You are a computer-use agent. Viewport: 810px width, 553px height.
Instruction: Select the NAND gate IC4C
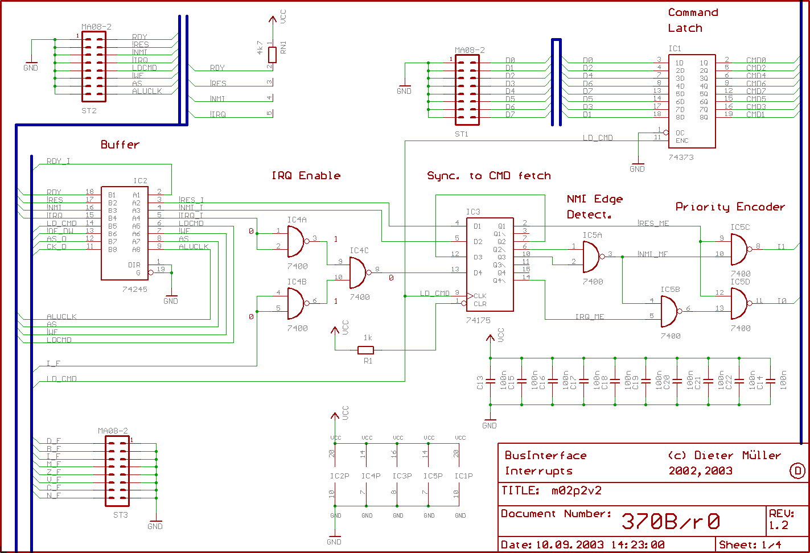coord(359,273)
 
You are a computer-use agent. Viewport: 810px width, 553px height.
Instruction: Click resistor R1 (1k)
coord(365,350)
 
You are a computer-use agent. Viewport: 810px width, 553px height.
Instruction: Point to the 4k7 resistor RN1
coord(272,55)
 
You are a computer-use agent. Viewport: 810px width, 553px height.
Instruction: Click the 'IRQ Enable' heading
coord(306,176)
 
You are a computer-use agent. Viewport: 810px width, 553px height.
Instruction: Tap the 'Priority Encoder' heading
coord(730,207)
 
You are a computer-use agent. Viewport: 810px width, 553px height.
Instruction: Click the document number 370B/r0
coord(670,521)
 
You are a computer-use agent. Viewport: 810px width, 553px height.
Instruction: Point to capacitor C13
coord(490,381)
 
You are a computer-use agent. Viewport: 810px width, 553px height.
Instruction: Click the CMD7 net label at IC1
coord(756,91)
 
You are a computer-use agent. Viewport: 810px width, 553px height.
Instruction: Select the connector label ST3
coord(120,515)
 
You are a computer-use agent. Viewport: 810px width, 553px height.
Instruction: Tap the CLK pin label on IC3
coord(479,296)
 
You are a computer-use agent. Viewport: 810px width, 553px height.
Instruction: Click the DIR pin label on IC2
coord(134,265)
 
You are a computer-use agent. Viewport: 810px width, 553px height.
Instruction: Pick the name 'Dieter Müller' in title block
coord(738,455)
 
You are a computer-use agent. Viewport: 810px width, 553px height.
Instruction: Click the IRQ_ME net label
coord(589,317)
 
